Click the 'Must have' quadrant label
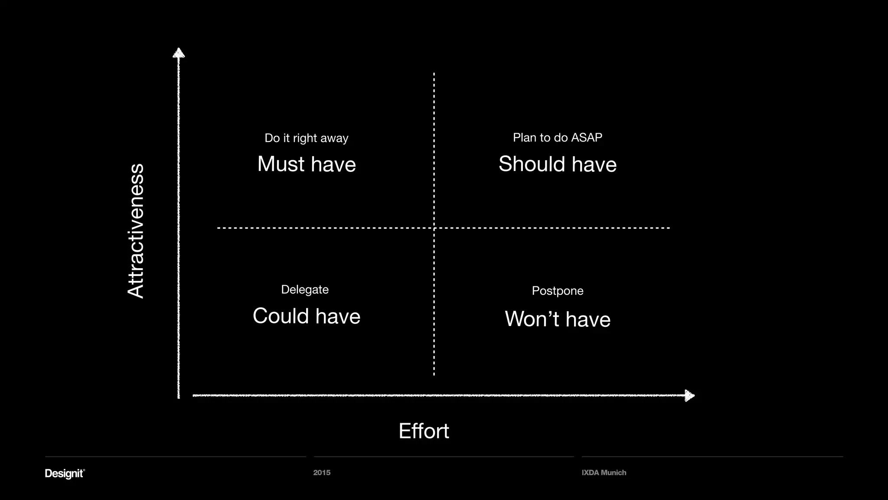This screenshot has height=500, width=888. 307,164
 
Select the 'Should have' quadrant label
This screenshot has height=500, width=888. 557,164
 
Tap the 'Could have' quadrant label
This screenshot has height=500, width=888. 307,316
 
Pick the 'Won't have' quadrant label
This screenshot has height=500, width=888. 558,319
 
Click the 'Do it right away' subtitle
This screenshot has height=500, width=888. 306,138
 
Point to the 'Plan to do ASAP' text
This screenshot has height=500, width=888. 557,138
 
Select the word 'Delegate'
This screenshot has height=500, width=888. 305,289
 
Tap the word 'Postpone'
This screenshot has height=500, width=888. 558,291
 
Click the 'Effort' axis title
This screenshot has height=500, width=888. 424,431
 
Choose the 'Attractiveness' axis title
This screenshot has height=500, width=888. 136,230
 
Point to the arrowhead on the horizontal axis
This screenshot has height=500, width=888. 689,395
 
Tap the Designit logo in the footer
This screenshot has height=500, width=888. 65,473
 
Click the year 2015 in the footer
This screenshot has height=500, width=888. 322,473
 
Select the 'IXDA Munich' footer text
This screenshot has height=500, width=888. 604,473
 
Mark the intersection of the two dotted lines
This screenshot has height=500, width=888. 434,228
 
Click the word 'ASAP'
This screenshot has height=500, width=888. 587,138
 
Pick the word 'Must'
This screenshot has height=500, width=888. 281,164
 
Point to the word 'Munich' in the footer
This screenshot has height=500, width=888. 613,473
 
